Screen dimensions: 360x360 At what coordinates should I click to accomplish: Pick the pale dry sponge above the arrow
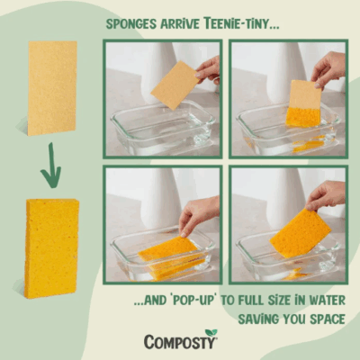click(52, 87)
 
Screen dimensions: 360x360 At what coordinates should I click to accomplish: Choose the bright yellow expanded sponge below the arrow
click(52, 236)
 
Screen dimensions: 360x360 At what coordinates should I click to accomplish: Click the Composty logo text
click(180, 341)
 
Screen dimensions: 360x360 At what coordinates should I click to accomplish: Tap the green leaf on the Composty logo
click(211, 333)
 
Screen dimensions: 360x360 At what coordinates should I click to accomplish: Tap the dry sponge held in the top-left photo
click(175, 85)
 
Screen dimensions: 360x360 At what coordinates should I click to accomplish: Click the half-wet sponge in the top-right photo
click(304, 103)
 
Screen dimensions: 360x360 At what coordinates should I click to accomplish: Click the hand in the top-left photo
click(209, 68)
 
